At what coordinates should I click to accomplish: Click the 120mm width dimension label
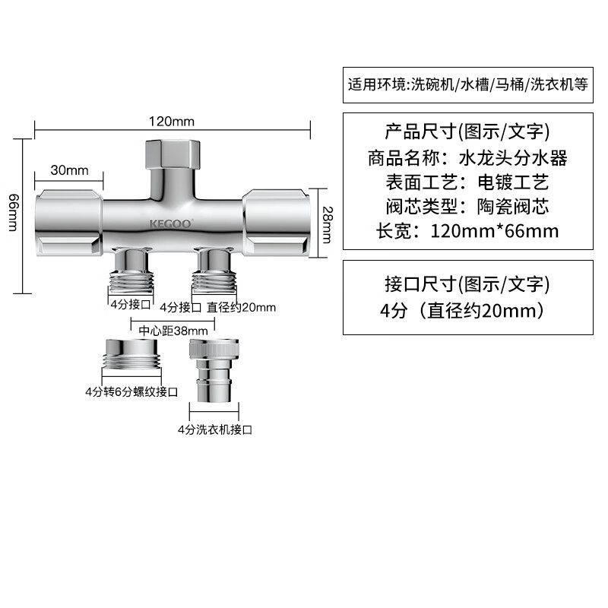point(172,122)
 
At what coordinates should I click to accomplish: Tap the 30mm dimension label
point(69,170)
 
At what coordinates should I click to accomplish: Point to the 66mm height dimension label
point(13,213)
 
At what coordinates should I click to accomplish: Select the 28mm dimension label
point(328,225)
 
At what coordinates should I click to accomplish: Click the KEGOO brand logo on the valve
point(171,223)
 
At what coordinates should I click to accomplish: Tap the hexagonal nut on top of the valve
point(173,154)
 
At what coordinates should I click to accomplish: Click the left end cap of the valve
point(69,223)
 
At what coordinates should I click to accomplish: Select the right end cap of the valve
point(276,223)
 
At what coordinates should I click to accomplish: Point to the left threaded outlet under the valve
point(131,271)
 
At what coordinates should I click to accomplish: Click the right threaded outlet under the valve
point(214,271)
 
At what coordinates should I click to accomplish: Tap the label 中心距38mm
point(173,331)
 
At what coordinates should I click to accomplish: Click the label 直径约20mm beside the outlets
point(241,308)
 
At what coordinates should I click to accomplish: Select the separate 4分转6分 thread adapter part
point(131,355)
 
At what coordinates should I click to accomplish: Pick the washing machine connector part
point(214,370)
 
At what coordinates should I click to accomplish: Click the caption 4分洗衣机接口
point(215,429)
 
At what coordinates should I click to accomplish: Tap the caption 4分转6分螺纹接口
point(131,391)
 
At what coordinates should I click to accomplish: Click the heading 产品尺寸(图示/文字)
point(467,131)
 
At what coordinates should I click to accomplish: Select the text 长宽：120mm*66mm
point(467,231)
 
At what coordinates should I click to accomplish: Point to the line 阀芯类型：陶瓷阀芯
point(467,206)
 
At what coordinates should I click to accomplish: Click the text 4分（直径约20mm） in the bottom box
point(464,311)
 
